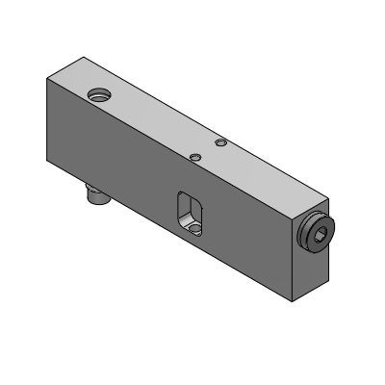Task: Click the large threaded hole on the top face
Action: pos(97,95)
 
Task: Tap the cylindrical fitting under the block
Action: pos(96,196)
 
